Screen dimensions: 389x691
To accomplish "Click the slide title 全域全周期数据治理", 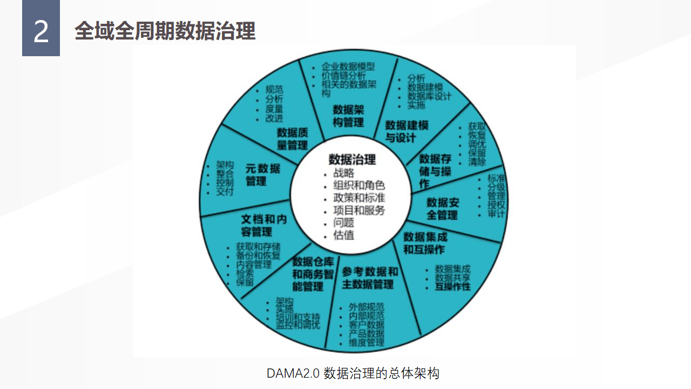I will coord(165,31).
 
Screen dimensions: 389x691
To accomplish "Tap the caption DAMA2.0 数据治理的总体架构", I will coord(353,373).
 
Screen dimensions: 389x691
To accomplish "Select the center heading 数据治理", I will coord(352,159).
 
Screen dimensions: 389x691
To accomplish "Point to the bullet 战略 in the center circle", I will coord(344,173).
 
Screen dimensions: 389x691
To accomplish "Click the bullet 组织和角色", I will coord(359,185).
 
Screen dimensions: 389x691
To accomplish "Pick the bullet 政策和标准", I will coord(359,198).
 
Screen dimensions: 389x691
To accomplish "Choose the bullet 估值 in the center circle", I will coord(344,235).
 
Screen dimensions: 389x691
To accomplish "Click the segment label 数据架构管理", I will coord(348,116).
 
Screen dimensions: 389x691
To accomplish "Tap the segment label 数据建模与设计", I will coord(406,131).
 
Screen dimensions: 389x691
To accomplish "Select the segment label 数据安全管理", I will coord(442,209).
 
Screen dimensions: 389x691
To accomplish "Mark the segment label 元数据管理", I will coord(262,175).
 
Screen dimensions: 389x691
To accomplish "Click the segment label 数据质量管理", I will coord(292,139).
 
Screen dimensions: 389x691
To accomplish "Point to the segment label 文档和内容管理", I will coord(263,225).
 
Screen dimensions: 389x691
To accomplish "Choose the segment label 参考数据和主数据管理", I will coord(370,278).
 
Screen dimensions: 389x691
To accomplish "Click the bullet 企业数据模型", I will coord(348,67).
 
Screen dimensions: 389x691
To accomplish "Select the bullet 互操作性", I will coord(453,286).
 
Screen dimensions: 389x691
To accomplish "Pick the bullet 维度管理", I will coord(367,342).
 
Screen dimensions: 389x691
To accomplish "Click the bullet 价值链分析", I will coord(343,76).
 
